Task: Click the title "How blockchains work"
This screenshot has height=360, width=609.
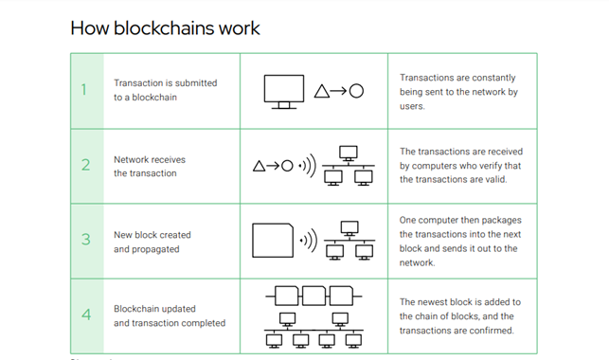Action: coord(165,27)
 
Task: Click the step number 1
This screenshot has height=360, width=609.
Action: coord(84,90)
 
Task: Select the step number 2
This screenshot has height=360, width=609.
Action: coord(85,165)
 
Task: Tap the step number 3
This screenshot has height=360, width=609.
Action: coord(85,240)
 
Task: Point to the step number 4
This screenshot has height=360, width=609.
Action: coord(85,315)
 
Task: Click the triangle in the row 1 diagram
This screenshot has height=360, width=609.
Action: coord(322,92)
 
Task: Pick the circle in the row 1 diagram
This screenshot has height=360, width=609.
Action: coord(356,92)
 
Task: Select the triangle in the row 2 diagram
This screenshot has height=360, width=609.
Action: coord(260,167)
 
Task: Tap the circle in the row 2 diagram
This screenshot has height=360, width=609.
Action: coord(286,167)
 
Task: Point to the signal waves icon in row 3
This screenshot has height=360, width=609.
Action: coord(308,242)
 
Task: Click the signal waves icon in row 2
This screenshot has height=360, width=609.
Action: coord(307,167)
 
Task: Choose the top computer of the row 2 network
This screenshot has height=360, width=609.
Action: coord(348,153)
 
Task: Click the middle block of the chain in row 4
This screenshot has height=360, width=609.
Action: coord(314,291)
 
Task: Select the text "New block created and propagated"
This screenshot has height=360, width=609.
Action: coord(152,241)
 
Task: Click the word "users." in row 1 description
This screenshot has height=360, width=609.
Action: coord(414,106)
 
